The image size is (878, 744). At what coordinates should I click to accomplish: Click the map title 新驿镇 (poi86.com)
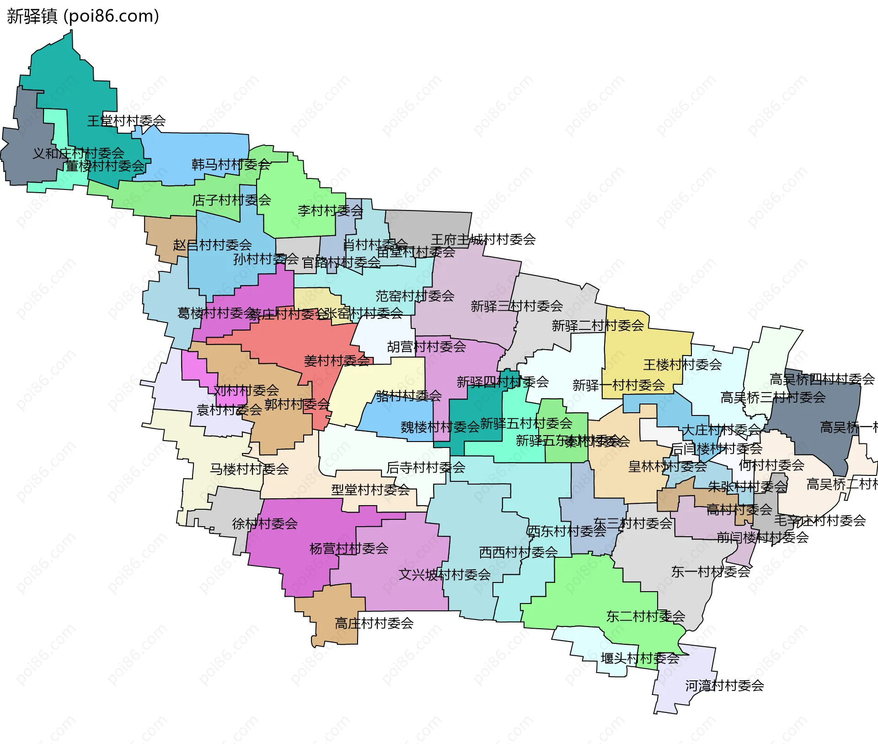pyautogui.click(x=83, y=16)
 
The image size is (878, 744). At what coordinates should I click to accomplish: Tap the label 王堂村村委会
pyautogui.click(x=126, y=121)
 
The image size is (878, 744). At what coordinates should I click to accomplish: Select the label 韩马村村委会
pyautogui.click(x=231, y=164)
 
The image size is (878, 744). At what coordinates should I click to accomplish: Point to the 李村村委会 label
pyautogui.click(x=330, y=210)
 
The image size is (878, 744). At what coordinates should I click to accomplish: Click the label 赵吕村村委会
pyautogui.click(x=212, y=245)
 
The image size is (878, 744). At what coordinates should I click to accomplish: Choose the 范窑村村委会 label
pyautogui.click(x=415, y=296)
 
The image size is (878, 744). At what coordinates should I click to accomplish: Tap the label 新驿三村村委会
pyautogui.click(x=517, y=306)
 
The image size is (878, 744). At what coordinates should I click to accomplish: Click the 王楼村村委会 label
pyautogui.click(x=682, y=365)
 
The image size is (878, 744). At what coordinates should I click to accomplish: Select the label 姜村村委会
pyautogui.click(x=337, y=361)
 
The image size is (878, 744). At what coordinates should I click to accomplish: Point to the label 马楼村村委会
pyautogui.click(x=249, y=469)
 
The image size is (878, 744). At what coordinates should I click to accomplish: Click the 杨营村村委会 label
pyautogui.click(x=349, y=548)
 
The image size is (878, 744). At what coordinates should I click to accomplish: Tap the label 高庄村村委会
pyautogui.click(x=374, y=623)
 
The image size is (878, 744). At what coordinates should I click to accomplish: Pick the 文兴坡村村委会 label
pyautogui.click(x=444, y=574)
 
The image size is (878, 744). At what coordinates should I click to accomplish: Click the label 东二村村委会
pyautogui.click(x=645, y=616)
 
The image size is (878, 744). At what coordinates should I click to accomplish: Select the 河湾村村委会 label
pyautogui.click(x=724, y=685)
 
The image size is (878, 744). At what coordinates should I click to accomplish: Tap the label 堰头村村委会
pyautogui.click(x=640, y=658)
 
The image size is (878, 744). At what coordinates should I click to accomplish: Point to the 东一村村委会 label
pyautogui.click(x=711, y=571)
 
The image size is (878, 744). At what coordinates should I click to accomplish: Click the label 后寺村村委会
pyautogui.click(x=426, y=467)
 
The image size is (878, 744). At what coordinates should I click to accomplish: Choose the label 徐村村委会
pyautogui.click(x=265, y=523)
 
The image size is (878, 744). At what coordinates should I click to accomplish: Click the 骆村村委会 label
pyautogui.click(x=409, y=396)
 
